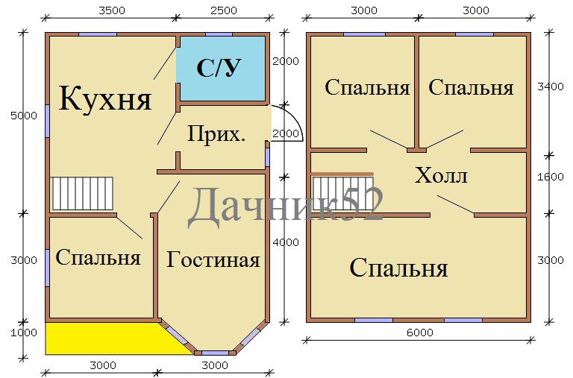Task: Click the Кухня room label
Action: [105, 98]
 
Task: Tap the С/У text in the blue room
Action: [219, 68]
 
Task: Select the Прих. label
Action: [216, 133]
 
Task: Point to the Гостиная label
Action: [213, 259]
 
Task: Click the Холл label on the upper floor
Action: [441, 175]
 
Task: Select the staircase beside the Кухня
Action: [83, 194]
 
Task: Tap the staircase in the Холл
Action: [342, 194]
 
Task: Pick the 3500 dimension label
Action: [112, 10]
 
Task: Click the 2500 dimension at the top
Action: [224, 10]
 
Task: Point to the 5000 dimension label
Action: [24, 116]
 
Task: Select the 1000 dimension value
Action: [24, 333]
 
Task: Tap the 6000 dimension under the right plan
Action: [420, 333]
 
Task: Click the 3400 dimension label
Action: [551, 87]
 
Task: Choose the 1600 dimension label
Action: [551, 177]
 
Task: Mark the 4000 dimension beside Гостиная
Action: [286, 242]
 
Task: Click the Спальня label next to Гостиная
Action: [98, 257]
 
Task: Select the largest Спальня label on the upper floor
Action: [398, 268]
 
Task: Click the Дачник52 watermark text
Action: [286, 204]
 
